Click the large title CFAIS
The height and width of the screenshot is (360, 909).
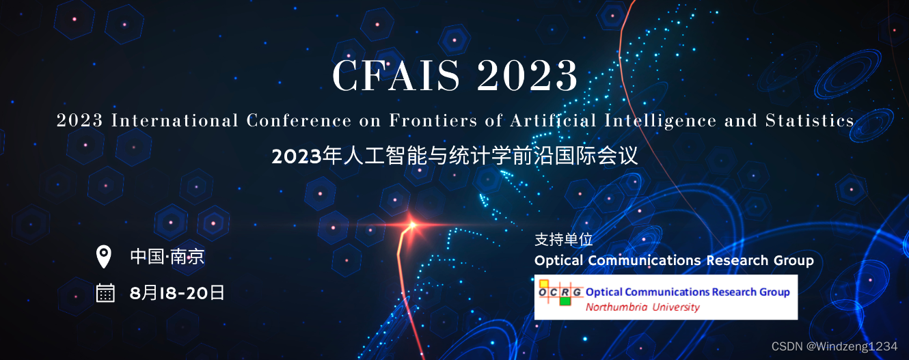point(396,75)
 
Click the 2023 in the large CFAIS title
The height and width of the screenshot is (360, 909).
point(527,75)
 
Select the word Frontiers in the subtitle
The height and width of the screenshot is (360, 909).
point(433,120)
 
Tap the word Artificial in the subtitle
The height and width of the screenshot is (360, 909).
point(554,120)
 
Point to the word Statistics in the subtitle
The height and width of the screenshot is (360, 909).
point(810,120)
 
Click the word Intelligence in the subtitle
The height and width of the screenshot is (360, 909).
point(660,121)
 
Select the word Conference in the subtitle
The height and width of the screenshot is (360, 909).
point(299,120)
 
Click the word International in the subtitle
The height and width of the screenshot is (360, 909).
point(174,120)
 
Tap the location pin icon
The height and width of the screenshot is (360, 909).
point(103,257)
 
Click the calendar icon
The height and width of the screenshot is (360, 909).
point(105,292)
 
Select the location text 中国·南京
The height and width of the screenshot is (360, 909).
point(167,257)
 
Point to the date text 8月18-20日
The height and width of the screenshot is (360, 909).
point(176,292)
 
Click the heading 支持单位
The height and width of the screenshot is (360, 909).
point(564,240)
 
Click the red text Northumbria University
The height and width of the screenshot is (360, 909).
point(642,307)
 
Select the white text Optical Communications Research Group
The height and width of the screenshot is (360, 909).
point(674,260)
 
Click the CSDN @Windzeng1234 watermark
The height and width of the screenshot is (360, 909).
point(835,346)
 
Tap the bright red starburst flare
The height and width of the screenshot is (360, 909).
point(412,224)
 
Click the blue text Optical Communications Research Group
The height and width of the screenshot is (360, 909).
point(688,292)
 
